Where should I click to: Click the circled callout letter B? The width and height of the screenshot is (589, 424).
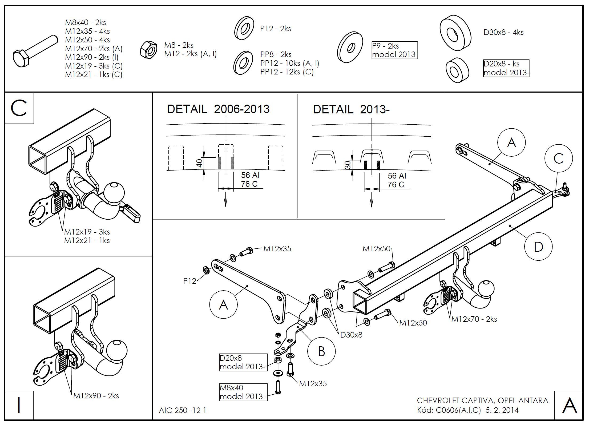coord(321,351)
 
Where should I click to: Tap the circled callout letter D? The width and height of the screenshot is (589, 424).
coord(538,247)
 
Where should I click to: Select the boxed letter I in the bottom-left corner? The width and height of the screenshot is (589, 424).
coord(19,405)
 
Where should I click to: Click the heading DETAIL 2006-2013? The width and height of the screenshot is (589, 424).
coord(218,109)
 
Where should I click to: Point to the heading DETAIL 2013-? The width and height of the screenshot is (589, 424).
coord(351,109)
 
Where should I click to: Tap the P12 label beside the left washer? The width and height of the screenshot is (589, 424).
coord(189,281)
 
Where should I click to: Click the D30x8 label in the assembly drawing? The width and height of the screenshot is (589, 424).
coord(351,335)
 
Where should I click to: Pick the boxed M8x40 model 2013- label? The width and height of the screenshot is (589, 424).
coord(243,392)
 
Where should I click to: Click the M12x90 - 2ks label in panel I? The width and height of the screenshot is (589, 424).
coord(96,395)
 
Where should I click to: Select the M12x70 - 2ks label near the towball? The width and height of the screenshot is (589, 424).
coord(474,319)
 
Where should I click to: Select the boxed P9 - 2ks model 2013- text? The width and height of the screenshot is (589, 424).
coord(394,50)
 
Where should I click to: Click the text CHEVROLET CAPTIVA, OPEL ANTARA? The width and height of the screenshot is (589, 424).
coord(482,400)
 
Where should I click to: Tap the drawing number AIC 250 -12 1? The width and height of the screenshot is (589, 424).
coord(183,410)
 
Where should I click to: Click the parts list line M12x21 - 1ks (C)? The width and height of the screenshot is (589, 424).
coord(94,74)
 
